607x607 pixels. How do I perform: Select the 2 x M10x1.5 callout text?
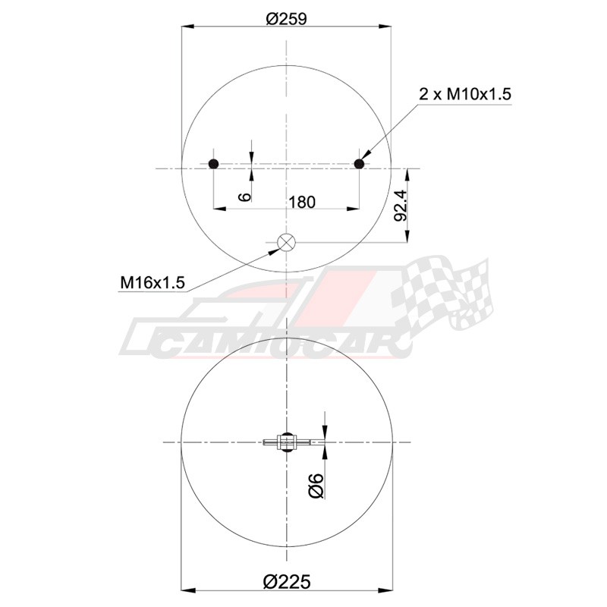pos(466,95)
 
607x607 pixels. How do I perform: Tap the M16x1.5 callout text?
pos(153,283)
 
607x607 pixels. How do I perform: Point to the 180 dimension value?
pos(301,201)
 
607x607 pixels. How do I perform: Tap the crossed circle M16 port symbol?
pos(287,243)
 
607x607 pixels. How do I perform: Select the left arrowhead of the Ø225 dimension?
pos(189,590)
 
